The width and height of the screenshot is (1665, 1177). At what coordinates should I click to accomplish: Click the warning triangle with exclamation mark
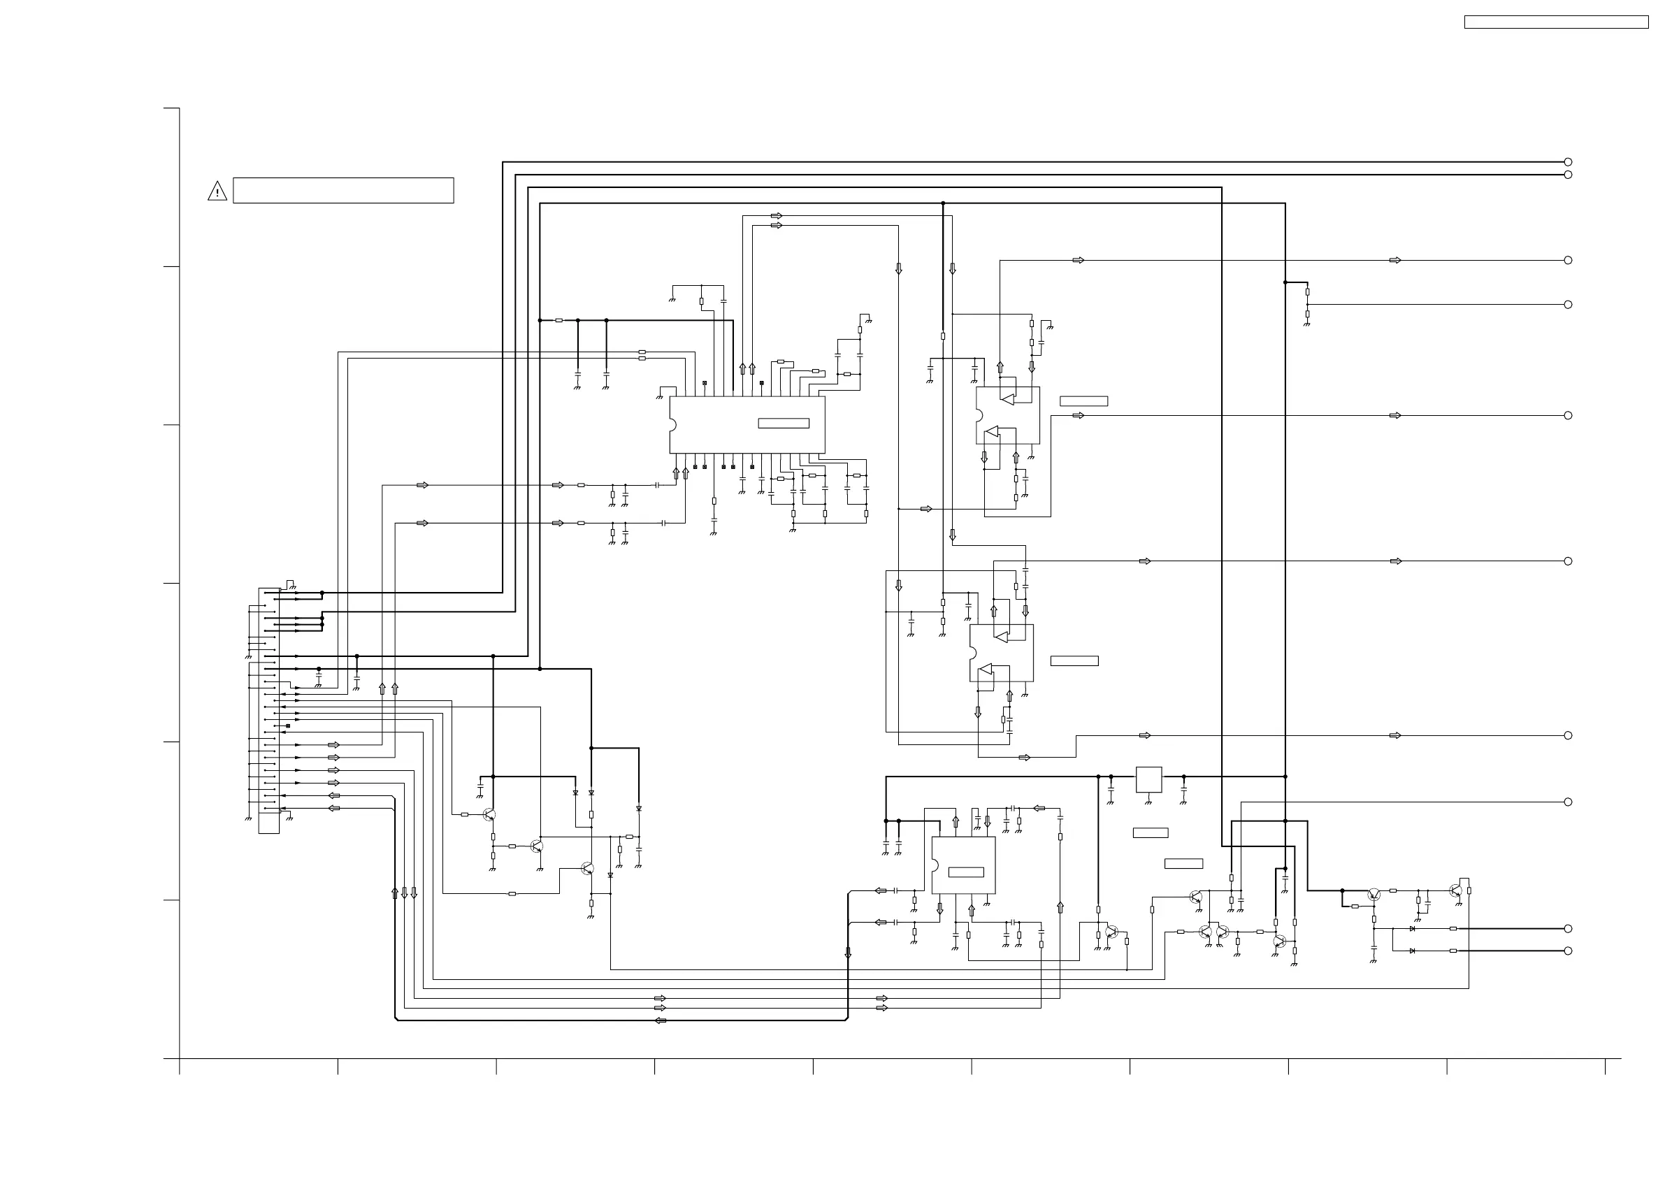[x=217, y=192]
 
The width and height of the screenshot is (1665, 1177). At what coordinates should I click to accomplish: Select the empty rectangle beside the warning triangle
[x=343, y=190]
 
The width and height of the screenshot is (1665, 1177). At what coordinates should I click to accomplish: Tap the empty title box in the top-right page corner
[x=1556, y=22]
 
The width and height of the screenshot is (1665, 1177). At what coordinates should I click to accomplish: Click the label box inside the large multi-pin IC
[x=783, y=424]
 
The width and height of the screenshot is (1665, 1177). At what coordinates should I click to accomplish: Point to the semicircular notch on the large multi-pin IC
[x=672, y=425]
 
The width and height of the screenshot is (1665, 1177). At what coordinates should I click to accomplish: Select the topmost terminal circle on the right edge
[x=1568, y=161]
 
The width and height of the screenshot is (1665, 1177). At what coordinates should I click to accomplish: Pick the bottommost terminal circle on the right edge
[x=1568, y=951]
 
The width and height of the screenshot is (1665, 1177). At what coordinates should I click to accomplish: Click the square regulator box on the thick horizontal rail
[x=1148, y=779]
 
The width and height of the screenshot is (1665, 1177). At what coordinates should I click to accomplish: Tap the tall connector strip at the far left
[x=269, y=711]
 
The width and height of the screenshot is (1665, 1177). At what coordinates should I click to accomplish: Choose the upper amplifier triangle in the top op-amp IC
[x=1007, y=400]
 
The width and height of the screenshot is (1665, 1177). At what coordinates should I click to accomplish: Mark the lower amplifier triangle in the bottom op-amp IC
[x=985, y=670]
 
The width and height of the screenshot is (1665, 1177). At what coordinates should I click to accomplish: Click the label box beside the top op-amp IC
[x=1083, y=401]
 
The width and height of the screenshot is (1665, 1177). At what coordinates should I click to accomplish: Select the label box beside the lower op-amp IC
[x=1074, y=660]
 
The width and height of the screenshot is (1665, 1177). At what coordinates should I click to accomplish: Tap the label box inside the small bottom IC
[x=966, y=872]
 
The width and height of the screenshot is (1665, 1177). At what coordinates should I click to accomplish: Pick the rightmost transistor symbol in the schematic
[x=1455, y=890]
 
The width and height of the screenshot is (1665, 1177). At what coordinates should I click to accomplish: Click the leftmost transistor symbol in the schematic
[x=489, y=814]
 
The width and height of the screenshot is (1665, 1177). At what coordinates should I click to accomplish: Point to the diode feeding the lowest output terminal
[x=1412, y=951]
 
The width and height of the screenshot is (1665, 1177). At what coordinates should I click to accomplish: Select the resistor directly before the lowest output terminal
[x=1453, y=951]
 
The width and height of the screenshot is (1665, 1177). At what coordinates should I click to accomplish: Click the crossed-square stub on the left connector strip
[x=288, y=726]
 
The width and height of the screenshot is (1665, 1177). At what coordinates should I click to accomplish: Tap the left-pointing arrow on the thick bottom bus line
[x=660, y=1020]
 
